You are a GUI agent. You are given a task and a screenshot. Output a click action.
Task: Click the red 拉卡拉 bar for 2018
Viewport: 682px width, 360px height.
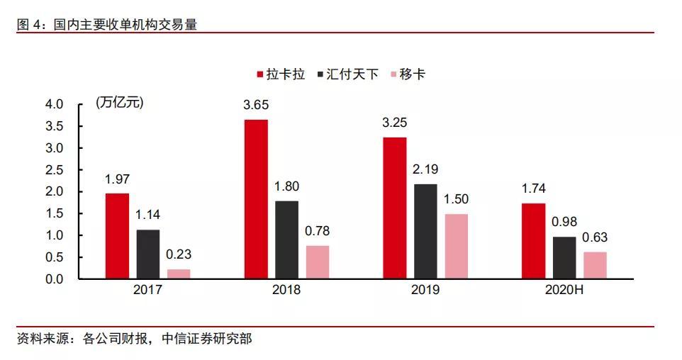[x=256, y=199]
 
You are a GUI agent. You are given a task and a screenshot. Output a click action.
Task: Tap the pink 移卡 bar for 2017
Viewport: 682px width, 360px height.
[x=179, y=274]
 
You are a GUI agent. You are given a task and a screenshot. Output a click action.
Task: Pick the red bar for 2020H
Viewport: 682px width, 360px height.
[x=534, y=242]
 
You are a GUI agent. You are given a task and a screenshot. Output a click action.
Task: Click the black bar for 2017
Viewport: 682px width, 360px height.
[x=148, y=254]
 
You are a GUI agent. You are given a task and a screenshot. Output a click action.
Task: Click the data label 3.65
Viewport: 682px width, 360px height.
[x=256, y=105]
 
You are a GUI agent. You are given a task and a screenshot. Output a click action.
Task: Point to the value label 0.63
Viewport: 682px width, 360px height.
[x=595, y=237]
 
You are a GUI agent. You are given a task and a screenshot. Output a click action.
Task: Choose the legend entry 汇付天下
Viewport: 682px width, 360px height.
[x=347, y=74]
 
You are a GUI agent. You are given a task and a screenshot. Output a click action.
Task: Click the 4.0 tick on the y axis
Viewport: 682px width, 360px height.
[x=55, y=104]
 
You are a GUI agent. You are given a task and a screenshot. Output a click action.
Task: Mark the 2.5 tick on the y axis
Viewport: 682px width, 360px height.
[x=55, y=170]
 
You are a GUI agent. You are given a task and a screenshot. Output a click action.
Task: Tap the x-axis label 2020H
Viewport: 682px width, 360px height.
[x=564, y=290]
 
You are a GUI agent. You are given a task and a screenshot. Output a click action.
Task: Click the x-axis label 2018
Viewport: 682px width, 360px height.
[x=286, y=290]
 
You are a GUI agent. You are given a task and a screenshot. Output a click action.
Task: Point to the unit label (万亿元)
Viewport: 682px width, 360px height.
[x=119, y=103]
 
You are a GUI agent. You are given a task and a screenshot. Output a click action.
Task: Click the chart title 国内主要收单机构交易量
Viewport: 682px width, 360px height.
[x=125, y=25]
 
